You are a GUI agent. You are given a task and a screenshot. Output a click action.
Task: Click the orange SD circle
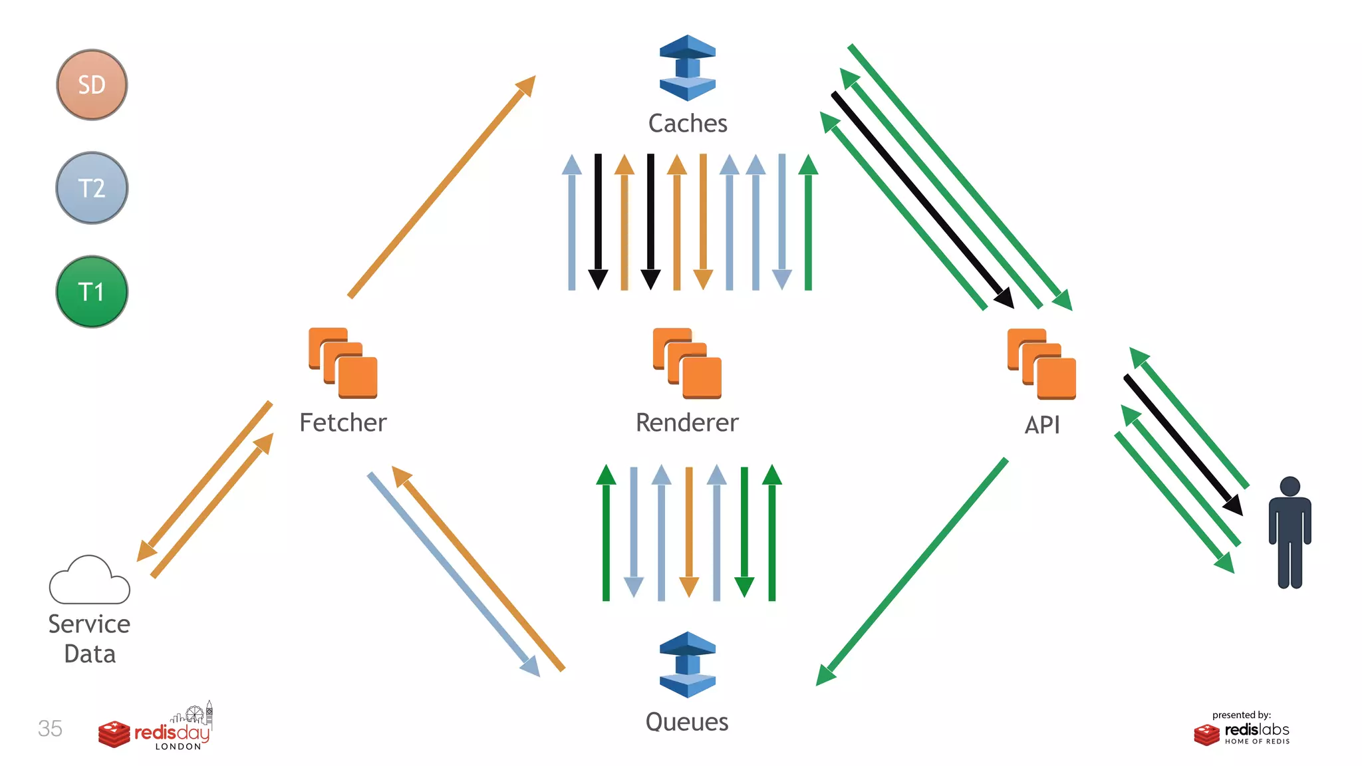92,84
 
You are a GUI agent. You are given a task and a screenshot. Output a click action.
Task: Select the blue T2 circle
92,188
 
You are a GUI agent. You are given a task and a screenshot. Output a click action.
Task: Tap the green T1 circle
92,291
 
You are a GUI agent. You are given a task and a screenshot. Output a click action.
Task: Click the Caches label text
688,124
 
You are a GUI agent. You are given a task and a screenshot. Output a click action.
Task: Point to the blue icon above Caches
688,68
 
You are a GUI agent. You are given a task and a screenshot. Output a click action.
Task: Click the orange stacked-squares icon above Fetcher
343,363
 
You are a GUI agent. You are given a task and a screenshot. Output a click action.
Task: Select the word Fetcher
343,423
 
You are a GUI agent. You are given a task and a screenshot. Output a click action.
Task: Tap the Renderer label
687,423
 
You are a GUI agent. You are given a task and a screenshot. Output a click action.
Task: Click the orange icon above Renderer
687,363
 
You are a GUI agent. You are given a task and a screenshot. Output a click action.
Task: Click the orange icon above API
1041,364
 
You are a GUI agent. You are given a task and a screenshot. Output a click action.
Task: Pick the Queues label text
687,722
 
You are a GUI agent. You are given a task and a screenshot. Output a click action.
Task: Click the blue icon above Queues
688,664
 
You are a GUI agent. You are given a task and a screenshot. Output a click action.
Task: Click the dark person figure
1290,533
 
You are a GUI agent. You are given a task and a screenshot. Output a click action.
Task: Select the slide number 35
50,729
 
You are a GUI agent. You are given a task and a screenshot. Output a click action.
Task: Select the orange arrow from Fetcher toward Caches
442,187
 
